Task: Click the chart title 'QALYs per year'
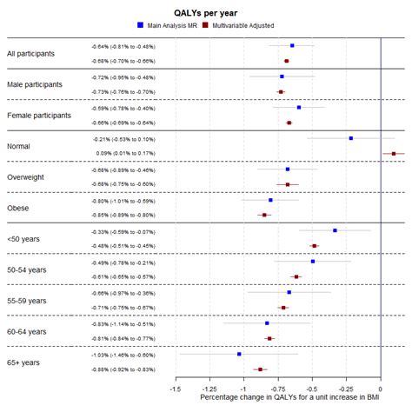point(205,10)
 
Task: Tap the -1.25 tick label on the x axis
point(210,389)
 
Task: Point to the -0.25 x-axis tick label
point(346,389)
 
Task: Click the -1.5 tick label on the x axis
point(176,389)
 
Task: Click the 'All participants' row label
point(30,54)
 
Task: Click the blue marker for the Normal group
point(351,138)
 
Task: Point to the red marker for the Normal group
point(394,154)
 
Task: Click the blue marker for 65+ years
point(240,354)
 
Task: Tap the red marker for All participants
point(287,61)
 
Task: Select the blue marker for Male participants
point(282,76)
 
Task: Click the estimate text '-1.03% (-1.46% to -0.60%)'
point(122,355)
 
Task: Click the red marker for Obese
point(264,215)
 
